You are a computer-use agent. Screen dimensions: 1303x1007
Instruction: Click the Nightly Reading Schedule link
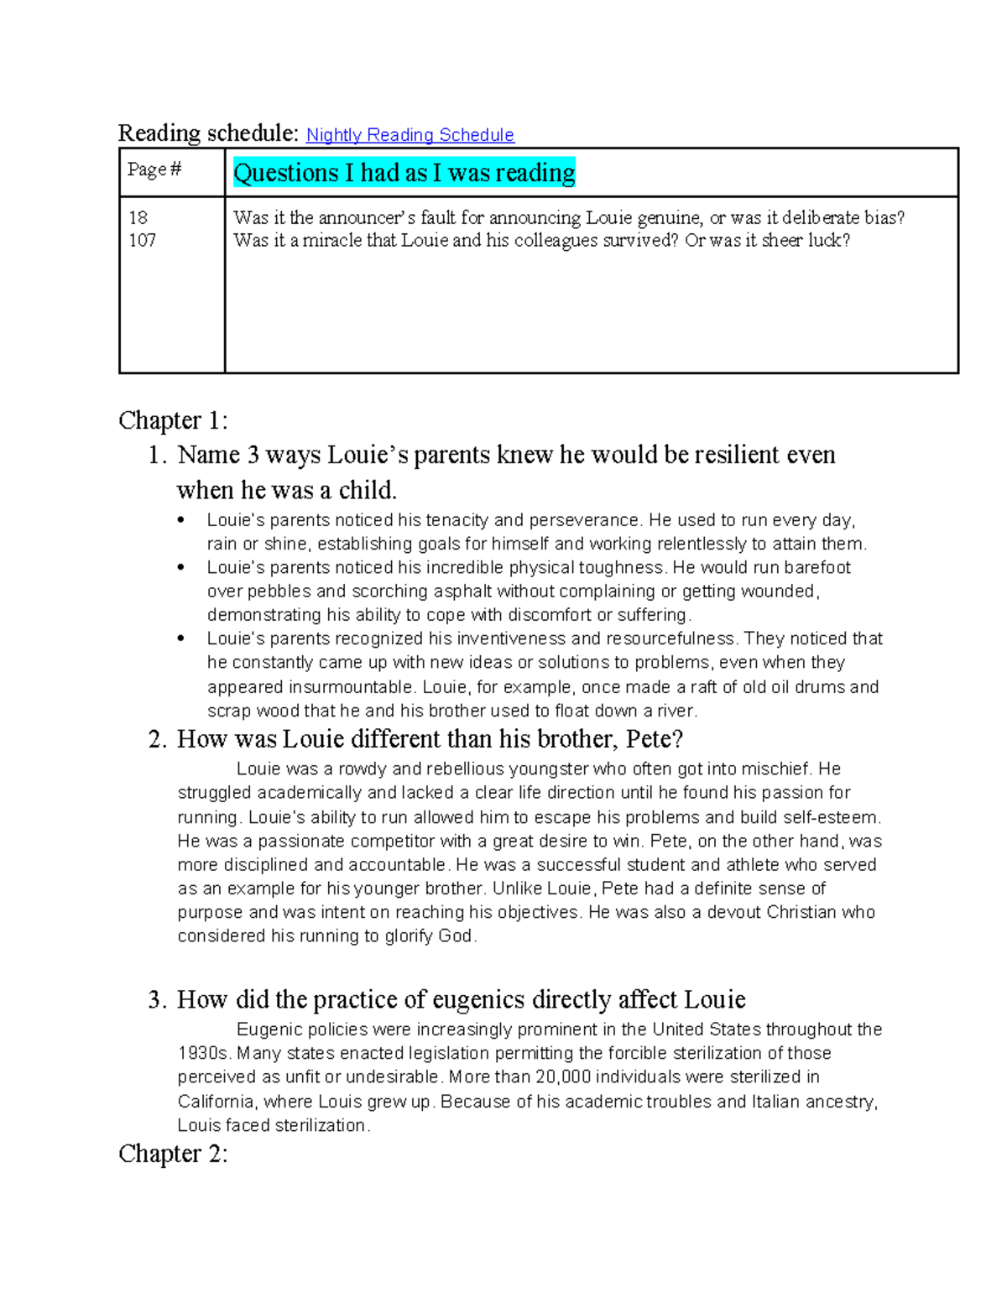coord(410,135)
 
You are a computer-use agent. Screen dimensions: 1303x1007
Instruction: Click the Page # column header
coord(154,170)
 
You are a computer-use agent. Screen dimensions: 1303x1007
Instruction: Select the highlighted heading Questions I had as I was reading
coord(404,173)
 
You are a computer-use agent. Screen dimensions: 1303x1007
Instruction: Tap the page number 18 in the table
coord(138,218)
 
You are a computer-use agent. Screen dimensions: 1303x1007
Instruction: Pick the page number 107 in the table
coord(142,241)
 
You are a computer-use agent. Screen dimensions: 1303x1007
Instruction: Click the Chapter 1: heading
coord(173,420)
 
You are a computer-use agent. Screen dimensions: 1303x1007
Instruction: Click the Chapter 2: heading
coord(173,1154)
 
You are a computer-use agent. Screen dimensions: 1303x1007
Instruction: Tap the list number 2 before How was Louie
coord(157,739)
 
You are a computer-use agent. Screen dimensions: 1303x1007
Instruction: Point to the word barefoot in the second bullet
coord(817,568)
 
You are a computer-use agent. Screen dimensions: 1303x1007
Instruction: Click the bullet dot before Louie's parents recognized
coord(180,639)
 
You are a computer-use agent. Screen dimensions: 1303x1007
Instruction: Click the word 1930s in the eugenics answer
coord(204,1054)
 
